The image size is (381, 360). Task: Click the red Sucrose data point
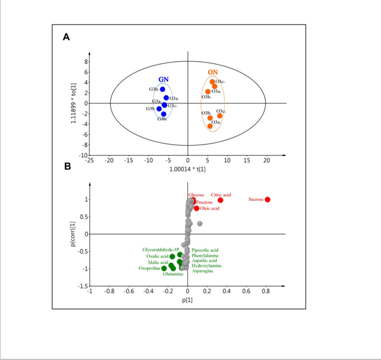[267, 200]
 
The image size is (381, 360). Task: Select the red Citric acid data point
[220, 200]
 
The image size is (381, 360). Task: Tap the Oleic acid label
[209, 208]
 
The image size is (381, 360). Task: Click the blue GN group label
[164, 79]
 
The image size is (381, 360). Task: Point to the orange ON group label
[213, 73]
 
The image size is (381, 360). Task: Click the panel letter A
[67, 37]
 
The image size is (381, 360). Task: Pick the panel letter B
[67, 166]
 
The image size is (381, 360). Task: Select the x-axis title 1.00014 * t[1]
[187, 168]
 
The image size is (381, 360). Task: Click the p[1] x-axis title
[187, 300]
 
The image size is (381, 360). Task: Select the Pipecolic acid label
[205, 250]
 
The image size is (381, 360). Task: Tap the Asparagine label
[204, 271]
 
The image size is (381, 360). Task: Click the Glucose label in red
[196, 195]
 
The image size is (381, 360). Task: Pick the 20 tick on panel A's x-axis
[267, 160]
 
